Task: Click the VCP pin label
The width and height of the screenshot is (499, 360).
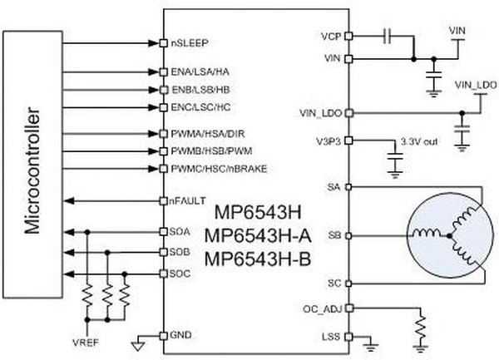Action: [x=330, y=37]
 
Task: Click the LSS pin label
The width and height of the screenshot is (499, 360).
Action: [x=330, y=338]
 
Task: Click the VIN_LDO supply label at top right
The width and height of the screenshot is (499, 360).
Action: [x=476, y=85]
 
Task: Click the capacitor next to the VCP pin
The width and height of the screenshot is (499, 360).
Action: [x=388, y=36]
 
